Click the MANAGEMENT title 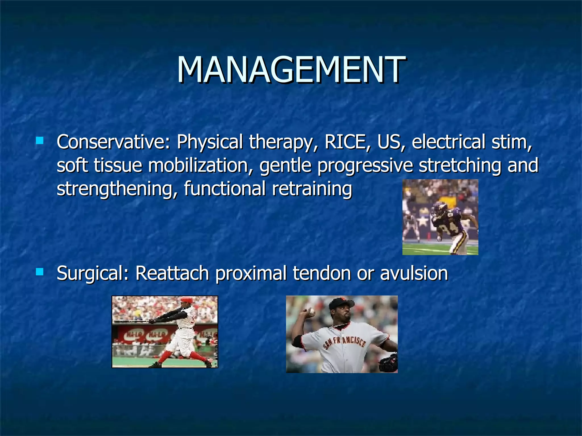(x=291, y=70)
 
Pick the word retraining (x=312, y=189)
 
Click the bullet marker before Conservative (x=40, y=141)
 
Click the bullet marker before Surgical (x=40, y=272)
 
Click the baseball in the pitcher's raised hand (x=312, y=311)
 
